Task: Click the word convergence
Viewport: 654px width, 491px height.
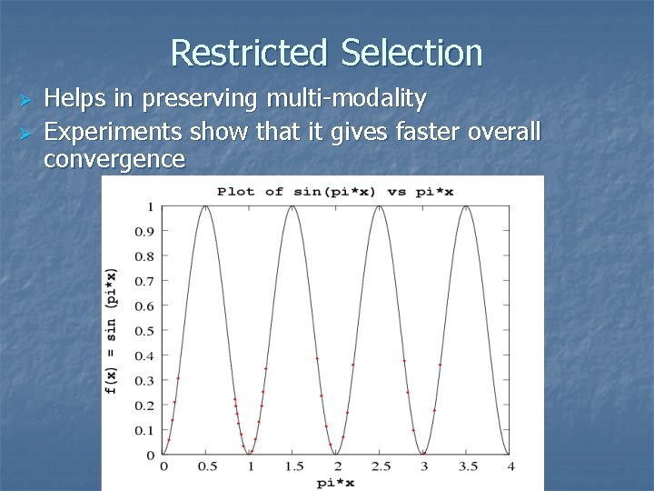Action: [x=114, y=160]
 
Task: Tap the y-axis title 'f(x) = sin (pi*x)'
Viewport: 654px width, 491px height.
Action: [x=112, y=331]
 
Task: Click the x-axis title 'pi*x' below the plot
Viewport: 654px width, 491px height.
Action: [x=336, y=483]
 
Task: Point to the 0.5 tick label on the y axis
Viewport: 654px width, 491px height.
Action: [x=144, y=331]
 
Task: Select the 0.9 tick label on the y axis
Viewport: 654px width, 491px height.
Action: [x=144, y=232]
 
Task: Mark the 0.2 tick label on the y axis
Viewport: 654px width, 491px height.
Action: [x=144, y=406]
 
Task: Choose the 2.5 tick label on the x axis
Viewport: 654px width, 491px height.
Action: [x=381, y=466]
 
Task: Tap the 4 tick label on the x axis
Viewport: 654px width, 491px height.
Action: [x=511, y=466]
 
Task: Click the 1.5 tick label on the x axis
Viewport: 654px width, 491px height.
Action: [x=293, y=466]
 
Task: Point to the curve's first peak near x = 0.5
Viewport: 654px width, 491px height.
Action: [x=206, y=207]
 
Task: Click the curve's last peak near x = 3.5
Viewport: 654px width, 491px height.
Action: [x=468, y=207]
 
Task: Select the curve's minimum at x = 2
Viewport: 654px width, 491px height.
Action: [x=337, y=454]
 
